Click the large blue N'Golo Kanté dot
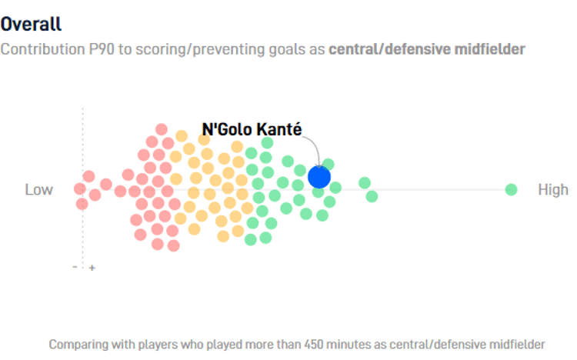coord(319,177)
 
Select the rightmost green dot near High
coord(511,189)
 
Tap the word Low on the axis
coord(39,189)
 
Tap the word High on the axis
coord(553,189)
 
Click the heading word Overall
coord(32,25)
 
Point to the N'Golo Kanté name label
coord(252,128)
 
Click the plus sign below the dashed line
coord(92,268)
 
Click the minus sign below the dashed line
coord(75,267)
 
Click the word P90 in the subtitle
coord(98,49)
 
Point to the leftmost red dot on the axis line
coord(79,188)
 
